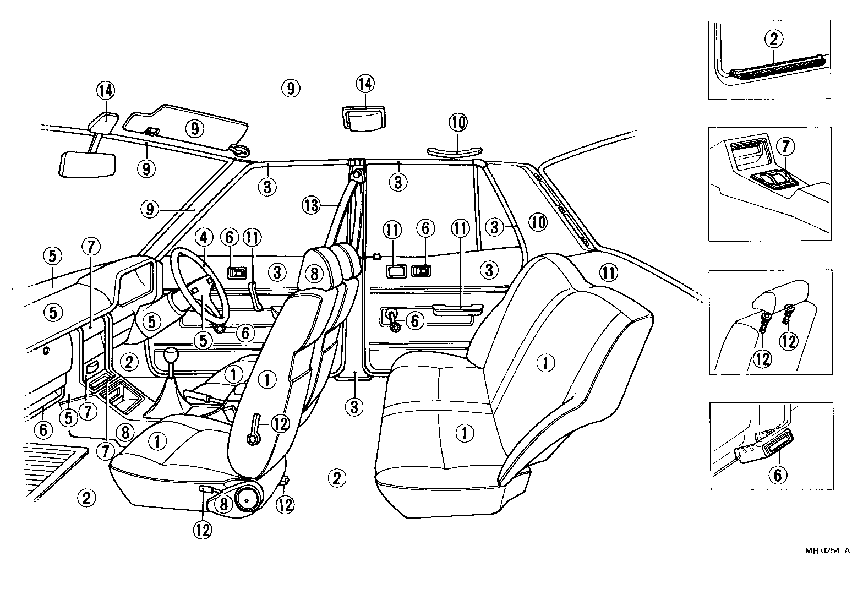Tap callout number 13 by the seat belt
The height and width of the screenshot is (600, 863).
[x=310, y=206]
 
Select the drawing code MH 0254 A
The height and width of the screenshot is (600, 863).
[x=827, y=550]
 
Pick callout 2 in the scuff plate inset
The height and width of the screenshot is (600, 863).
[x=773, y=39]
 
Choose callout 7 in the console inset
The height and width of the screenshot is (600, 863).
[x=785, y=147]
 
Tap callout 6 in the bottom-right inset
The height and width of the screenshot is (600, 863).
[x=777, y=474]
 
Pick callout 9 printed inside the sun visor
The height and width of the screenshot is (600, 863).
[x=194, y=128]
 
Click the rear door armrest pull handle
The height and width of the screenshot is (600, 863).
[x=450, y=310]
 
